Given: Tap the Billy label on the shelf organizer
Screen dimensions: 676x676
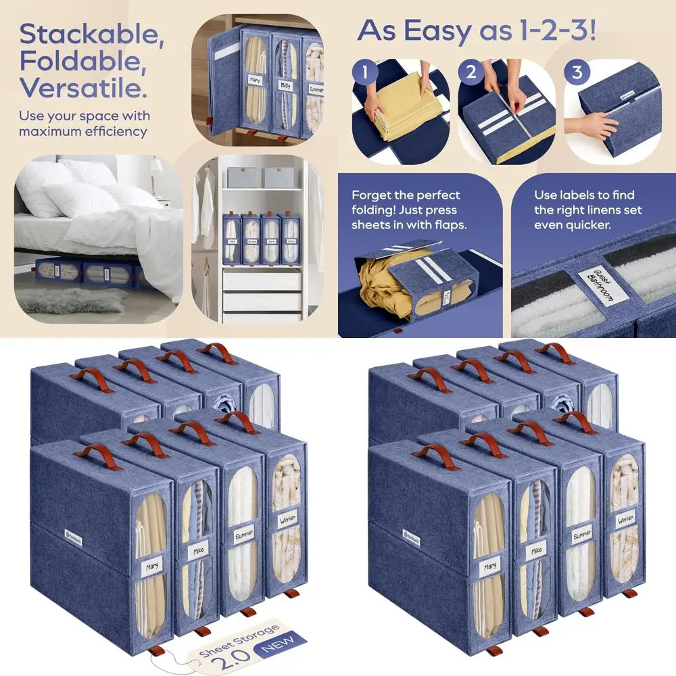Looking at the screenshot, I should click(x=285, y=86).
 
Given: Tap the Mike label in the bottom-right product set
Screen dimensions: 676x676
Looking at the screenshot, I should click(x=536, y=551).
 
